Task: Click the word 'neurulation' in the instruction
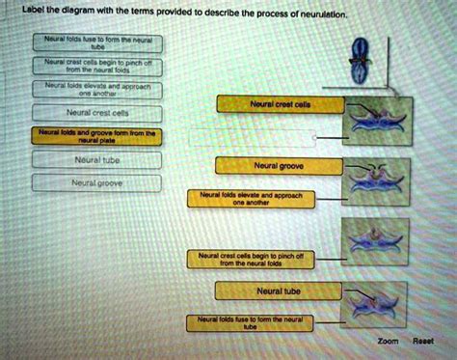362,16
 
